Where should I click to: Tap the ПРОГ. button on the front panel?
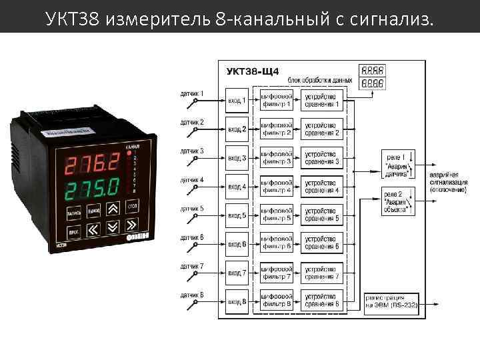pyautogui.click(x=73, y=231)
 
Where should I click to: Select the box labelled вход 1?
pyautogui.click(x=237, y=100)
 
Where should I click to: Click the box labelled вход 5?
pyautogui.click(x=237, y=216)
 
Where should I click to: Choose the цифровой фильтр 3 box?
pyautogui.click(x=276, y=158)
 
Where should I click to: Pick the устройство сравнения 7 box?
pyautogui.click(x=322, y=273)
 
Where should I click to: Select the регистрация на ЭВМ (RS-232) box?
pyautogui.click(x=391, y=302)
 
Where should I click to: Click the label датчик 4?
pyautogui.click(x=192, y=180)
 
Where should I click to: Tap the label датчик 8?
pyautogui.click(x=192, y=295)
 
